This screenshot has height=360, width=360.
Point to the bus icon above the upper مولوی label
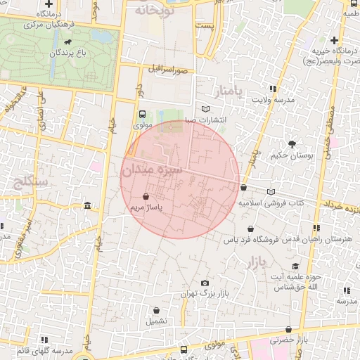point(143,113)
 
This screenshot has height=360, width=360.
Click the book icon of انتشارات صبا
point(205,109)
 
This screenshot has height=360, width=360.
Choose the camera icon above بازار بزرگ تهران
point(205,283)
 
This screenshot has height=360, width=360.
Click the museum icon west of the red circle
point(86,205)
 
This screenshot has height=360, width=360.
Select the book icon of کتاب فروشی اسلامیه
point(271,191)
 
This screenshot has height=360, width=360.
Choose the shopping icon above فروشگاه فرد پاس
point(251,229)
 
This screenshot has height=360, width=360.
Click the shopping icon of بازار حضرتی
point(288,330)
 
